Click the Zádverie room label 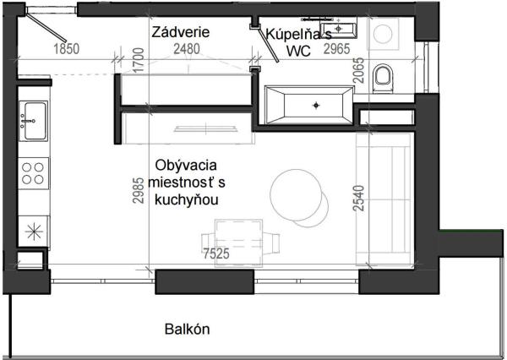pos(181,32)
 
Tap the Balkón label pos(188,330)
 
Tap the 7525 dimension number pos(218,253)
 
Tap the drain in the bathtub pos(316,105)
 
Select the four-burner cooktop pos(34,173)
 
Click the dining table pos(237,237)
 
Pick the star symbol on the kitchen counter pos(34,229)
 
